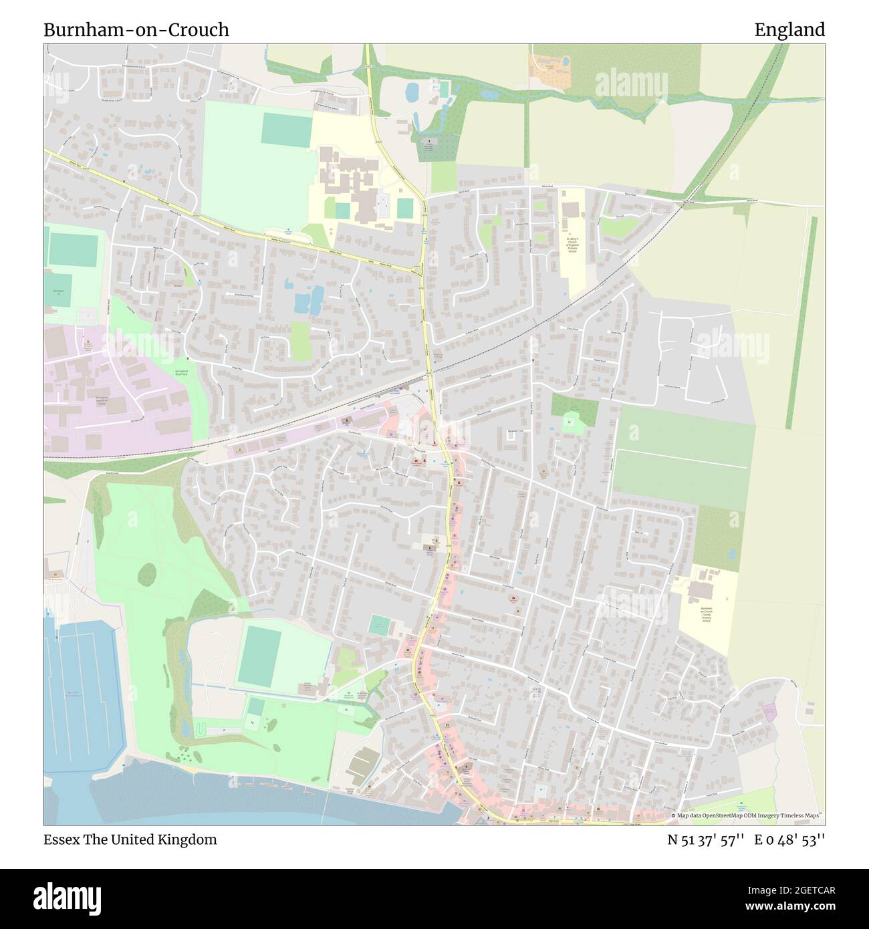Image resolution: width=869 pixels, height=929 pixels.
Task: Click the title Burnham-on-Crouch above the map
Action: point(136,30)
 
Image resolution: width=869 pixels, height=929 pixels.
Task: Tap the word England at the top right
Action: point(789,30)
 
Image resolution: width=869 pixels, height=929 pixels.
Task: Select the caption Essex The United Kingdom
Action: point(130,839)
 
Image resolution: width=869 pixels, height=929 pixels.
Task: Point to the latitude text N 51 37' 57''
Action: point(703,839)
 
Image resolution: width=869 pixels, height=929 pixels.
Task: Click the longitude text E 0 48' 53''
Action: point(790,839)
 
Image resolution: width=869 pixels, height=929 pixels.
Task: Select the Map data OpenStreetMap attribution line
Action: point(746,816)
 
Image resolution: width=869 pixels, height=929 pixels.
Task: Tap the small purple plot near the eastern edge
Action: point(770,712)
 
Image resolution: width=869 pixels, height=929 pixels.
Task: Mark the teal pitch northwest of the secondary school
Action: point(286,129)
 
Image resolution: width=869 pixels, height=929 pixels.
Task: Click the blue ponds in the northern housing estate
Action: point(307,299)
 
